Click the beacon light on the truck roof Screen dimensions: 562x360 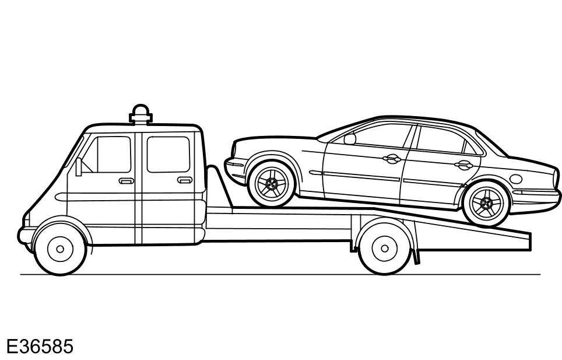click(140, 113)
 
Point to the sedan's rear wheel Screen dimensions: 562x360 click(486, 204)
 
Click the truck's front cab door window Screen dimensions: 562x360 click(109, 155)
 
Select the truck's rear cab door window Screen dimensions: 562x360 click(168, 154)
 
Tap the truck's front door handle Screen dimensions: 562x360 click(126, 181)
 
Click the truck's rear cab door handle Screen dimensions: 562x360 click(185, 180)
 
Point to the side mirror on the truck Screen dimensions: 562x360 click(79, 167)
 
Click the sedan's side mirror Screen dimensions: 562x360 click(350, 139)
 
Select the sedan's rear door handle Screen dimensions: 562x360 click(464, 165)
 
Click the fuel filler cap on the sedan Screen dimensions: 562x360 click(516, 179)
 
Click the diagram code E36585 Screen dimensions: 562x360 click(40, 347)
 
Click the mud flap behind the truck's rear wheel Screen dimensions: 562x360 click(415, 256)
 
